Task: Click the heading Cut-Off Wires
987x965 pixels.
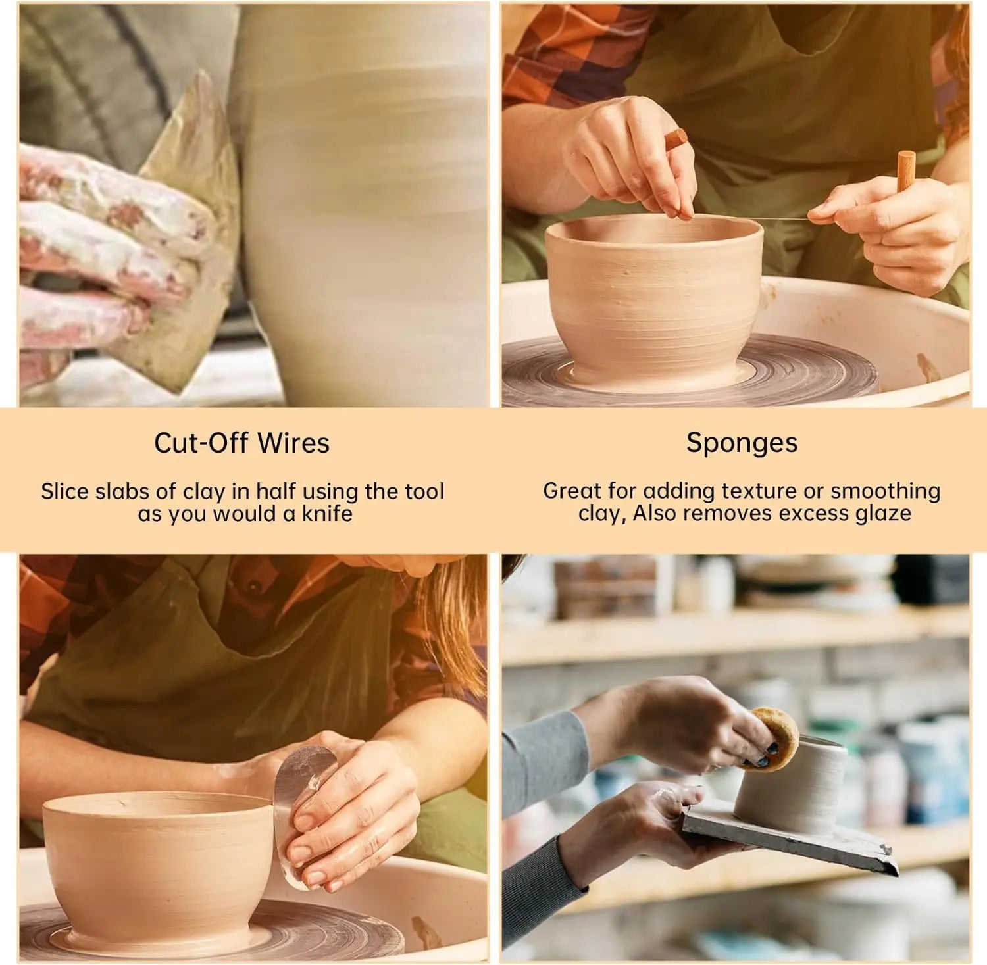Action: pyautogui.click(x=241, y=443)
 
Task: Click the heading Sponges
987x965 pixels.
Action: pyautogui.click(x=742, y=443)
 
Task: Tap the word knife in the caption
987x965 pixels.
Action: pyautogui.click(x=327, y=513)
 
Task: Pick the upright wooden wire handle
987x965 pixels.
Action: pyautogui.click(x=906, y=171)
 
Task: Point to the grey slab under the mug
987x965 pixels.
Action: pyautogui.click(x=790, y=839)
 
